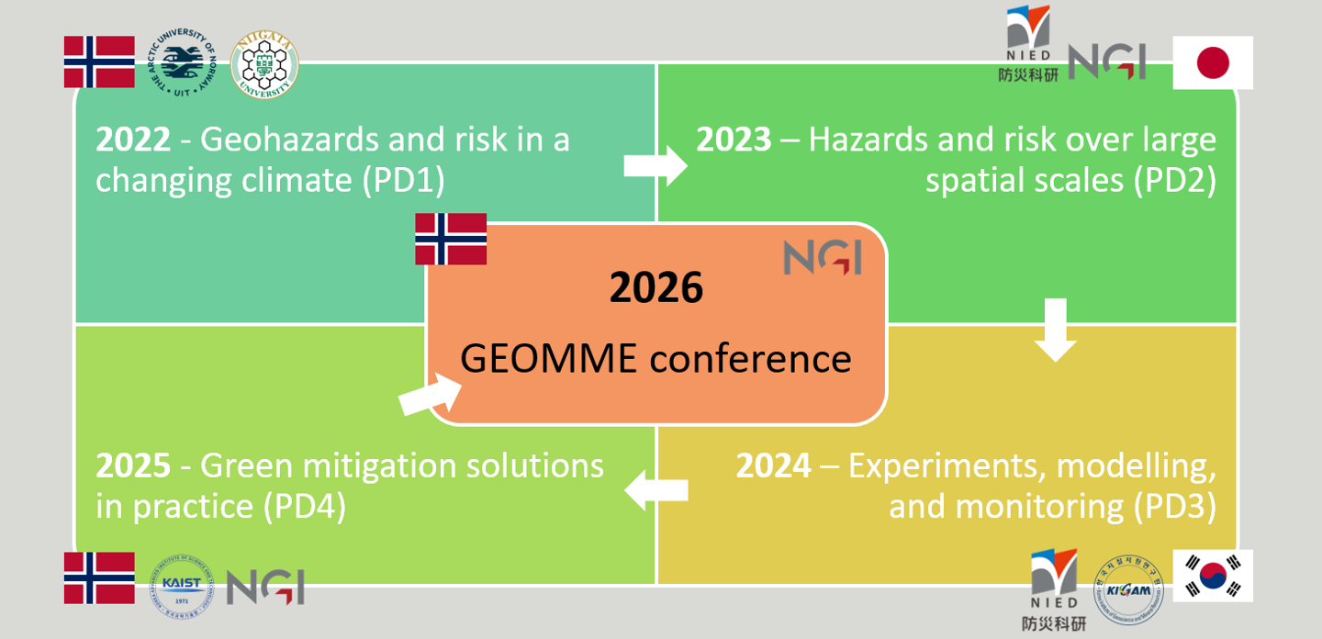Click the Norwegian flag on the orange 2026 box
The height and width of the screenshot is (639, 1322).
451,239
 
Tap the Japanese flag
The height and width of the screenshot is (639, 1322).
1213,62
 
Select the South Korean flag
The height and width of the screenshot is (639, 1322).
1213,577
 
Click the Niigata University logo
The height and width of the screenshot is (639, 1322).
264,63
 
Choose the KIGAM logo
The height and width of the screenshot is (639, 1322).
1128,589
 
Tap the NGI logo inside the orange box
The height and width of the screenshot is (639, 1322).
823,258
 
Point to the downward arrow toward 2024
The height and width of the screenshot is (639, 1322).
1056,330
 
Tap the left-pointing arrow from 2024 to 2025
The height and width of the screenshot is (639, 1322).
655,490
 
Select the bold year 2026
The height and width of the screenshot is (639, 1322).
656,288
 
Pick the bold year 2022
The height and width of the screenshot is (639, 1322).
133,140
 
